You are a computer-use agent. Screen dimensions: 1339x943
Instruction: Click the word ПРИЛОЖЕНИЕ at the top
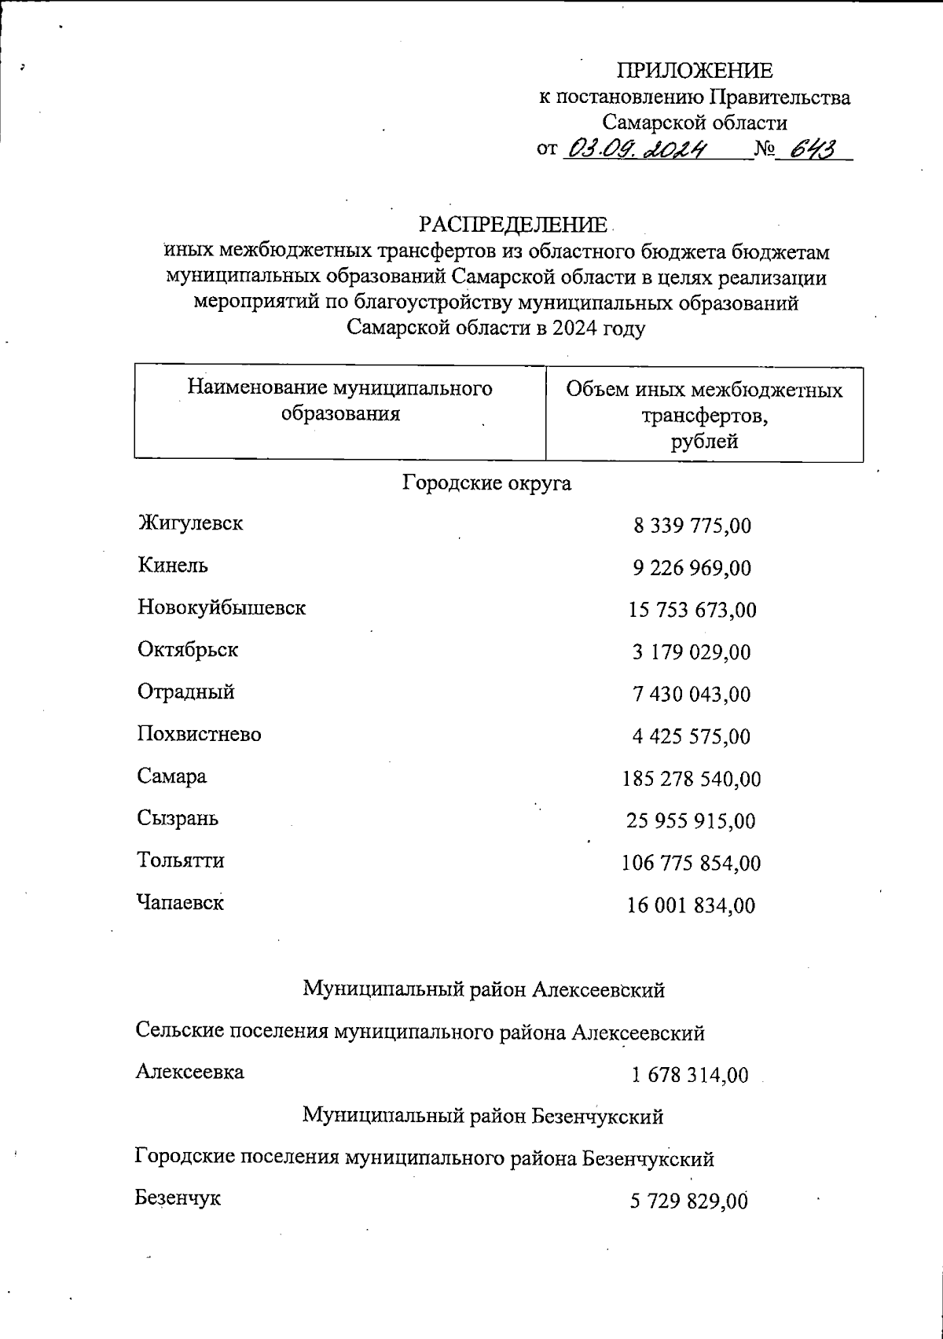coord(694,72)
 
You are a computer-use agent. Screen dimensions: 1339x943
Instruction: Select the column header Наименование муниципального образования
coord(340,401)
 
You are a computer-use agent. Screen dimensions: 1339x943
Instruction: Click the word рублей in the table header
coord(704,442)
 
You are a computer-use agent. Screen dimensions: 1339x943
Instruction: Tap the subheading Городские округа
coord(486,482)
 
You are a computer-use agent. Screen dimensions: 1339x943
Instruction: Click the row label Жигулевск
coord(190,523)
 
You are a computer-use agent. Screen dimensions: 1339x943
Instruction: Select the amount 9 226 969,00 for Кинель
coord(692,568)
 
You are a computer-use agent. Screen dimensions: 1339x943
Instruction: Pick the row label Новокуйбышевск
coord(222,607)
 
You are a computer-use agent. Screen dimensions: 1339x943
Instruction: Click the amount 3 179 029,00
coord(692,652)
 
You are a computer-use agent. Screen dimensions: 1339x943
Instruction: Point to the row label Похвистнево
coord(200,735)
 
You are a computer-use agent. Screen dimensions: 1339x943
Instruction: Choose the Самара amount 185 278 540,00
coord(692,780)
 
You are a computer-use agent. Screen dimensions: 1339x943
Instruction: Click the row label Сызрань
coord(178,819)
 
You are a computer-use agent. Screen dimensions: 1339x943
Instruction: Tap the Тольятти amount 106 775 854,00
coord(692,864)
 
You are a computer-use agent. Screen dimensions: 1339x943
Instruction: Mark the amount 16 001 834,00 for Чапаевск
coord(692,906)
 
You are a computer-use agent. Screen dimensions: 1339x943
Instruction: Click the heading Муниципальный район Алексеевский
coord(484,990)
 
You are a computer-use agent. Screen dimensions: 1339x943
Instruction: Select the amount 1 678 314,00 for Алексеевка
coord(690,1075)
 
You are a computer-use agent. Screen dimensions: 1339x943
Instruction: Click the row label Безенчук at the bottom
coord(178,1198)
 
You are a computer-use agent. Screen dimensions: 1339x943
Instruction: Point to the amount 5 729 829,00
coord(688,1201)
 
